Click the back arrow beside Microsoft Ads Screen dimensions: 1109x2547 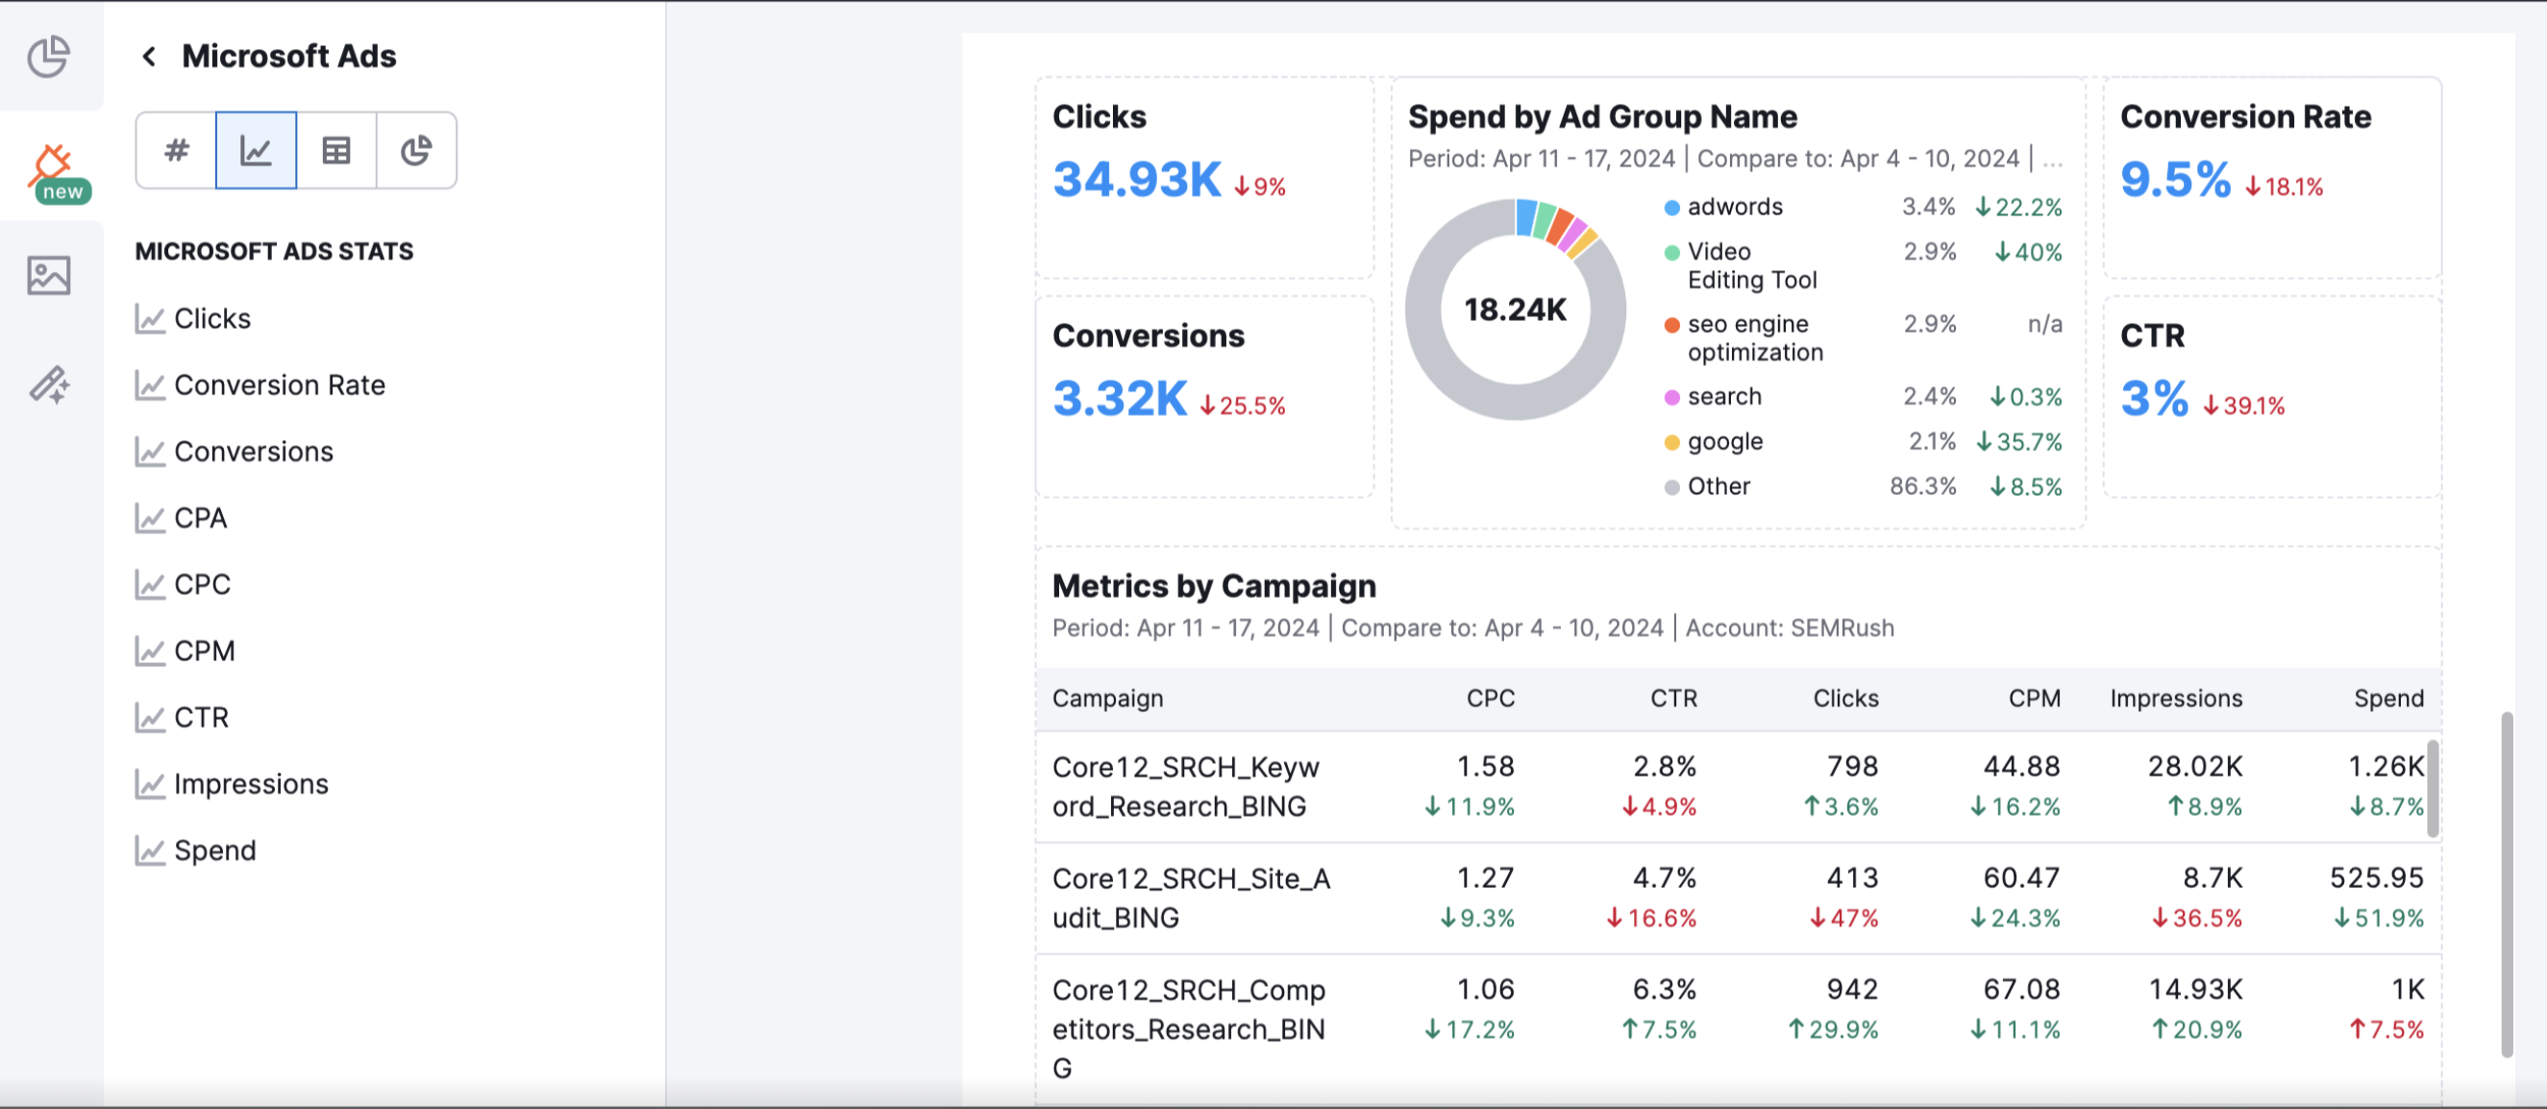pyautogui.click(x=149, y=57)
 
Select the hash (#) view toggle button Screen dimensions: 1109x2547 pyautogui.click(x=176, y=150)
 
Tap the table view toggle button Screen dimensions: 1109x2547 pyautogui.click(x=336, y=150)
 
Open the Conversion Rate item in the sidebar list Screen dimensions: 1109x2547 pyautogui.click(x=279, y=384)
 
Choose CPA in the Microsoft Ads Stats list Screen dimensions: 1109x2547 pyautogui.click(x=200, y=518)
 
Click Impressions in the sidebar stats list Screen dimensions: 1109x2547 pyautogui.click(x=250, y=784)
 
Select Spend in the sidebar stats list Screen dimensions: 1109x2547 pyautogui.click(x=214, y=850)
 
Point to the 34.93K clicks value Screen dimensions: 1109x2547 pyautogui.click(x=1137, y=180)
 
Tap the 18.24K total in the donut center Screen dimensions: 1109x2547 pyautogui.click(x=1515, y=310)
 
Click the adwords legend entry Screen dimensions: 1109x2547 pyautogui.click(x=1734, y=207)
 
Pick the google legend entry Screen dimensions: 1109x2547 pyautogui.click(x=1724, y=441)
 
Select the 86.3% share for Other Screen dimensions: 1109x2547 pyautogui.click(x=1922, y=486)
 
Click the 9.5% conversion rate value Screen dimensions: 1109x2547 pyautogui.click(x=2175, y=180)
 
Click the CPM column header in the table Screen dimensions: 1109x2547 pyautogui.click(x=2034, y=699)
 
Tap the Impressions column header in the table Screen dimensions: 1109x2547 pyautogui.click(x=2175, y=699)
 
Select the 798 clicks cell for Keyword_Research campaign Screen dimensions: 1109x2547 pyautogui.click(x=1851, y=766)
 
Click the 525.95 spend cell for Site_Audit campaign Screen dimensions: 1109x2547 pyautogui.click(x=2376, y=877)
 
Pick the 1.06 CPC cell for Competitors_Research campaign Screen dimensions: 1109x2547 pyautogui.click(x=1485, y=990)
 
